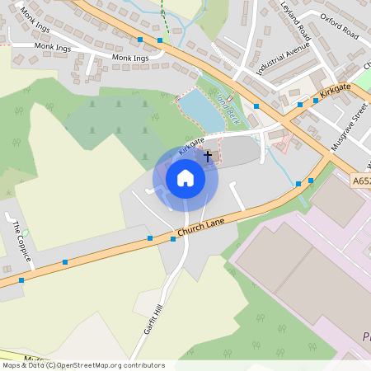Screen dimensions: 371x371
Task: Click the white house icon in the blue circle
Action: [x=185, y=178]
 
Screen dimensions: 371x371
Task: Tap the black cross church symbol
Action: [x=208, y=154]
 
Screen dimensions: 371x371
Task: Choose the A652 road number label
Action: [x=361, y=180]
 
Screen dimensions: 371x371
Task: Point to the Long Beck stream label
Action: [x=227, y=107]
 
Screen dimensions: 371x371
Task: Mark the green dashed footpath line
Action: [x=165, y=21]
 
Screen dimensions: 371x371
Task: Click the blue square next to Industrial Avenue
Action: [x=256, y=106]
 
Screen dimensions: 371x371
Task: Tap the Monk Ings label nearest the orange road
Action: [x=130, y=59]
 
